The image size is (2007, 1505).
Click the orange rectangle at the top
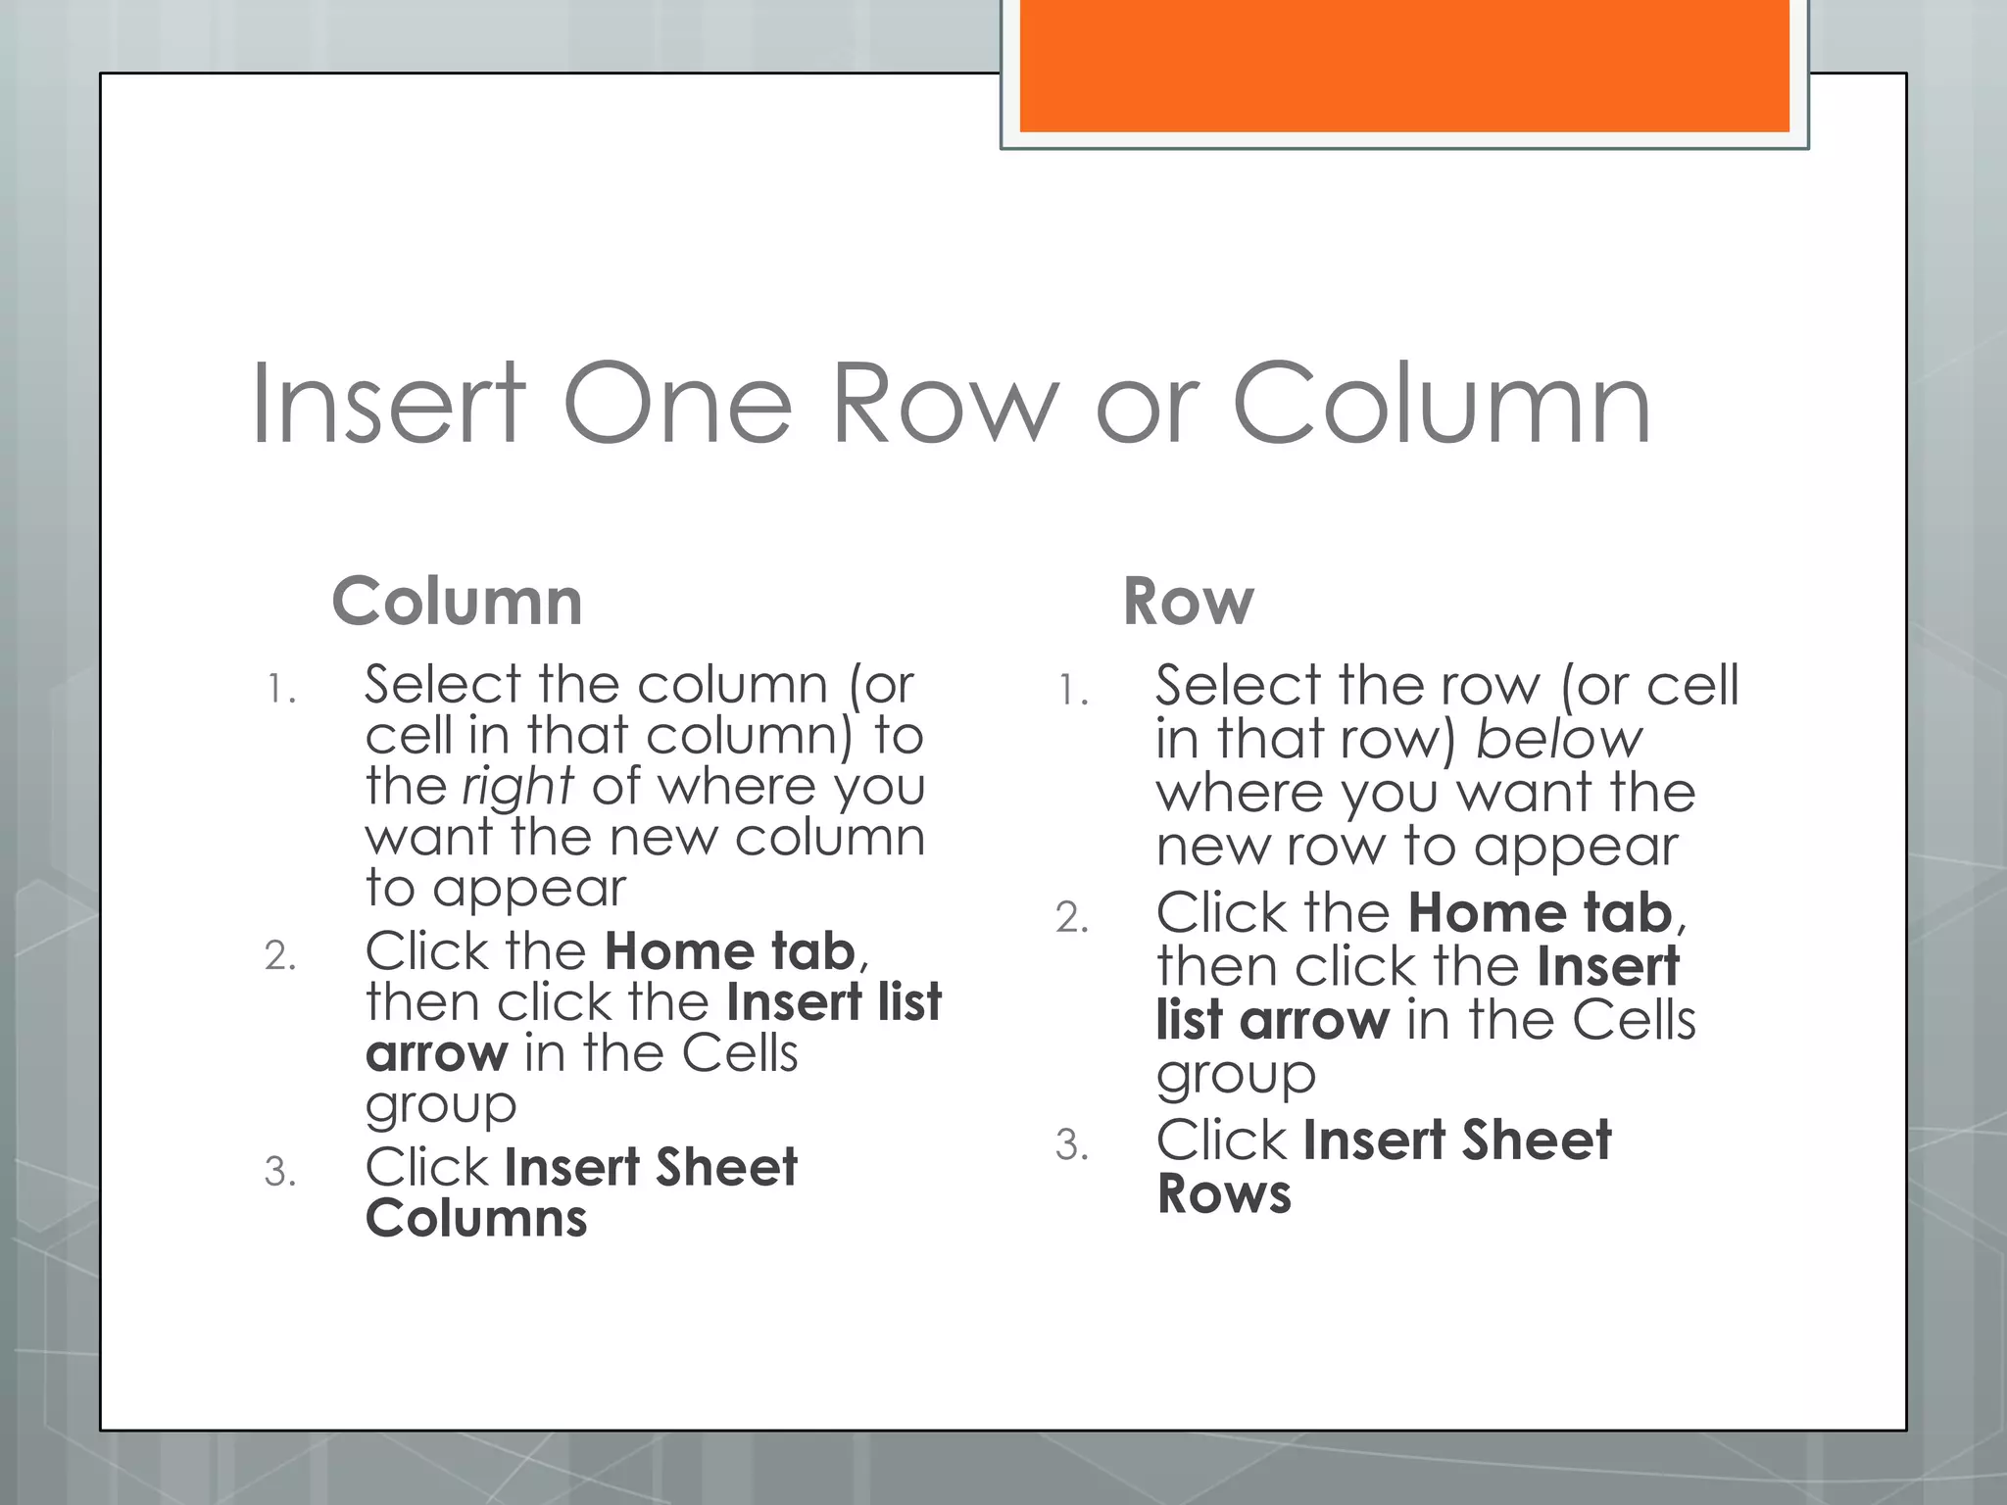pyautogui.click(x=1404, y=66)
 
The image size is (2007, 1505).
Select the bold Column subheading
pyautogui.click(x=458, y=601)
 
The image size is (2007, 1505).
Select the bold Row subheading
pyautogui.click(x=1189, y=601)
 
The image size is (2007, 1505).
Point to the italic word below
pyautogui.click(x=1559, y=739)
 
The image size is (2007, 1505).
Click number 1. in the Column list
pyautogui.click(x=281, y=689)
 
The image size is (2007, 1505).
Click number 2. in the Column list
pyautogui.click(x=280, y=955)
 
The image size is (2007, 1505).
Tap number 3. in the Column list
pyautogui.click(x=280, y=1172)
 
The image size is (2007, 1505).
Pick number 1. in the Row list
pyautogui.click(x=1073, y=691)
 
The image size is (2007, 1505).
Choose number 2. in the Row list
pyautogui.click(x=1072, y=917)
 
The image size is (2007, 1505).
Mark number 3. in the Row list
pyautogui.click(x=1072, y=1144)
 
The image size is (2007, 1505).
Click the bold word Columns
pyautogui.click(x=476, y=1218)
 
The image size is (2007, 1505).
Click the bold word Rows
pyautogui.click(x=1224, y=1193)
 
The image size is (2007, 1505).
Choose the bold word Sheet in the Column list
pyautogui.click(x=726, y=1167)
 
